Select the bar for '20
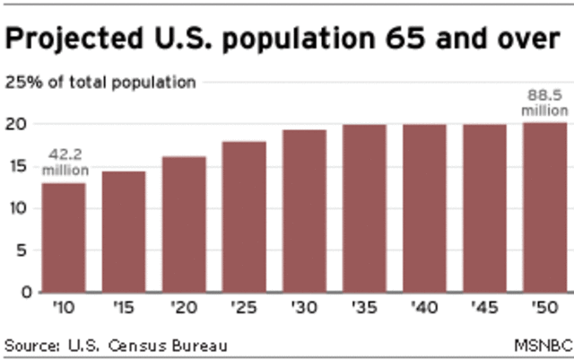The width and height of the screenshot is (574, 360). point(183,224)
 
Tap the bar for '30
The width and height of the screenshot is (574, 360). point(305,211)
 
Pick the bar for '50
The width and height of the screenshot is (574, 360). point(544,207)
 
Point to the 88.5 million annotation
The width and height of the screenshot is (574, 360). point(545,103)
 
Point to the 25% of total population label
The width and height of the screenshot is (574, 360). point(100,83)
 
